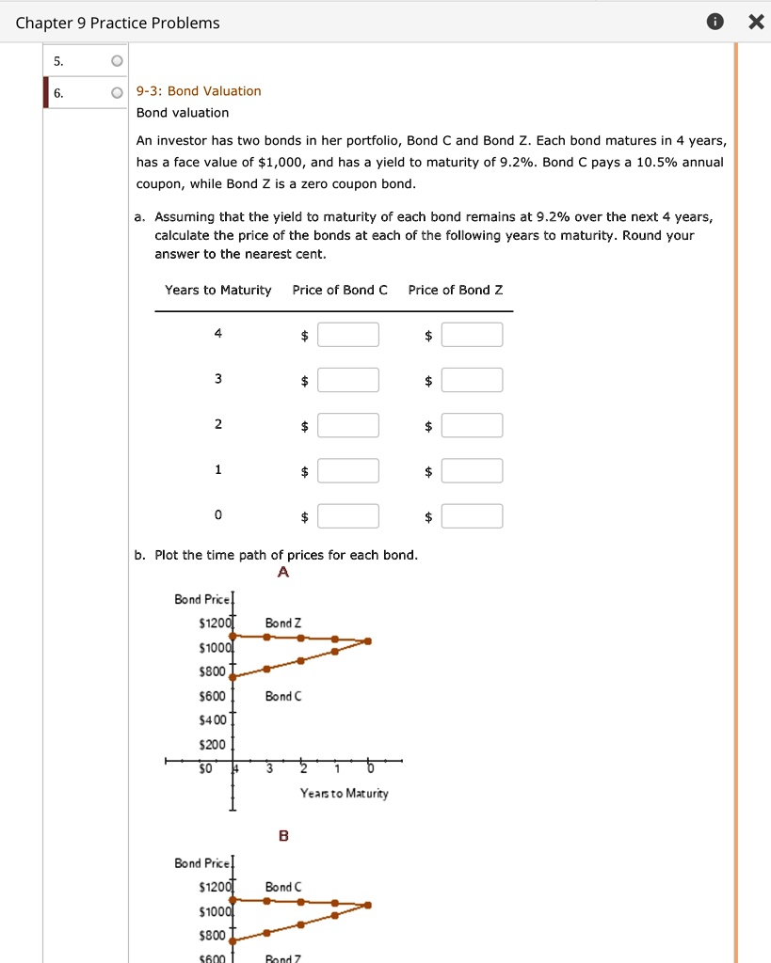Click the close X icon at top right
click(755, 24)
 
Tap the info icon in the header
click(715, 24)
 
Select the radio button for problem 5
click(116, 62)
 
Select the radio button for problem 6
click(116, 92)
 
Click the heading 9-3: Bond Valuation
click(199, 91)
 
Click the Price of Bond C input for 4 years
click(348, 335)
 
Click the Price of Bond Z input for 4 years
click(472, 335)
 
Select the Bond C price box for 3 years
click(348, 380)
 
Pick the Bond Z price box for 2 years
click(472, 426)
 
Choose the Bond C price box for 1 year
click(348, 471)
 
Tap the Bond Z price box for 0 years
click(472, 516)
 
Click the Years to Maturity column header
click(217, 290)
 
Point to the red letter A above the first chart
click(283, 573)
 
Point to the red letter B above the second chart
click(283, 836)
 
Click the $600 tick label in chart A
click(213, 696)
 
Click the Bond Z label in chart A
click(283, 623)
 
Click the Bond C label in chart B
click(283, 887)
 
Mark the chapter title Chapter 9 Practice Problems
click(118, 24)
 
